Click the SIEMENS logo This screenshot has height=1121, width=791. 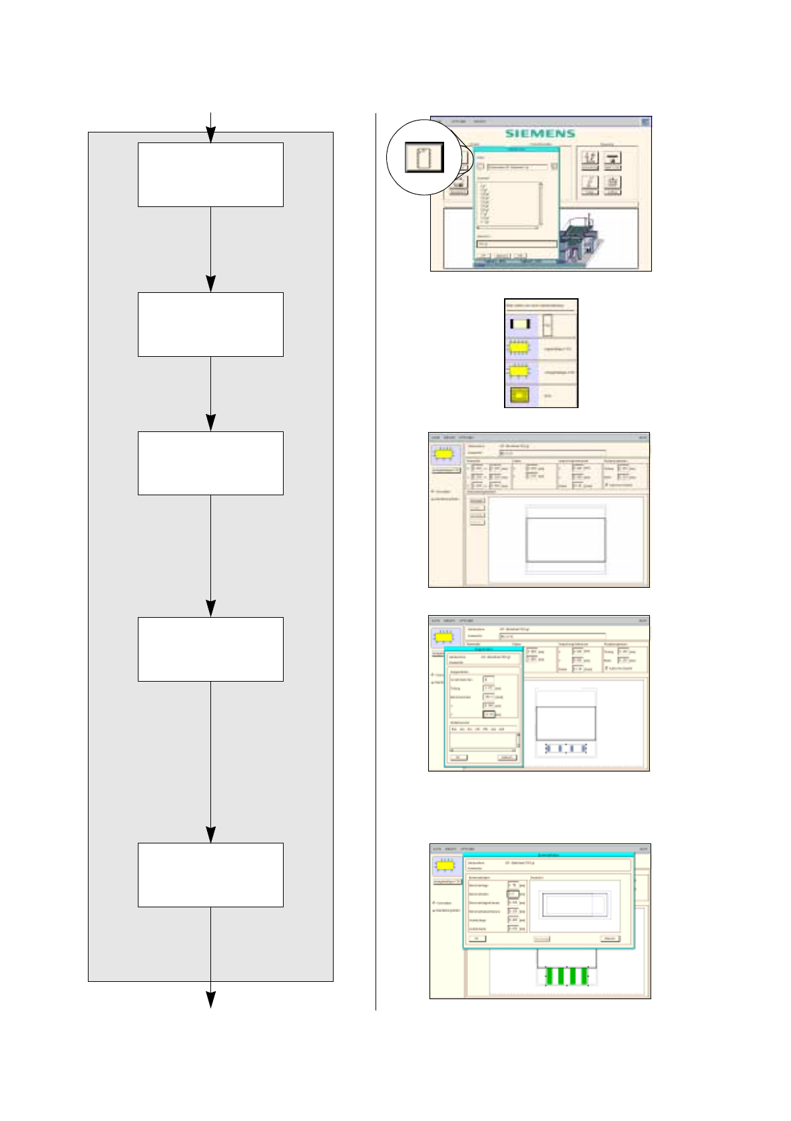(x=539, y=133)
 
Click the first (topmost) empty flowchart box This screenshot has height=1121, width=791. (x=210, y=174)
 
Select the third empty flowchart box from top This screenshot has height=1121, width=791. (x=210, y=463)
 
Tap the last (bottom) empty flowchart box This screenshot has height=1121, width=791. (x=210, y=875)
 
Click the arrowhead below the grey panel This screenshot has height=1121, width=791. (x=210, y=999)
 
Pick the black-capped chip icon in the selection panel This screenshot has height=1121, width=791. (x=520, y=324)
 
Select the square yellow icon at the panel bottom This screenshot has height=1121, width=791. (x=519, y=395)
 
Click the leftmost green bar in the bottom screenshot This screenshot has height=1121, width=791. (x=550, y=977)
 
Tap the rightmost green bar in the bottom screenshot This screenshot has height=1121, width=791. (x=584, y=977)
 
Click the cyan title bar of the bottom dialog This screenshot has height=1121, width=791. (x=549, y=855)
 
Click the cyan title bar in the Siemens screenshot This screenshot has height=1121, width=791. (x=517, y=149)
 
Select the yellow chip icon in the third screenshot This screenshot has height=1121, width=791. (x=445, y=455)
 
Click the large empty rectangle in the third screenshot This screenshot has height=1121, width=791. (x=566, y=540)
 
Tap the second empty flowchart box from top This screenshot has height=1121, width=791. (x=210, y=324)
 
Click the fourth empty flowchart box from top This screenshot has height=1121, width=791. (x=210, y=649)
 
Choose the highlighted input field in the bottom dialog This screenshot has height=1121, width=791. (x=513, y=894)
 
